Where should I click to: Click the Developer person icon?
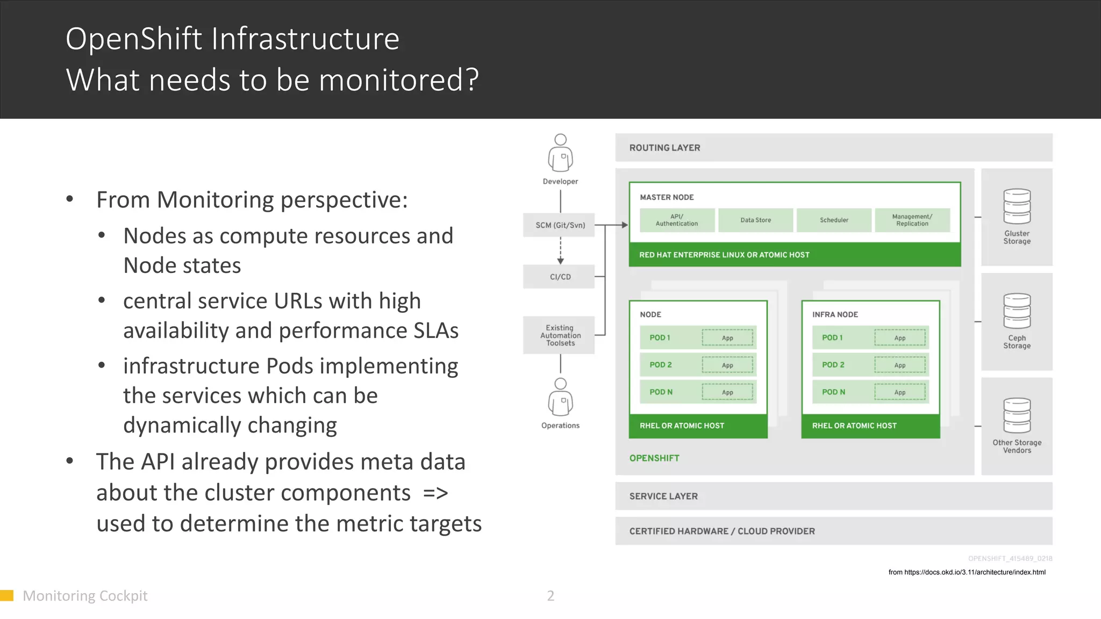tap(560, 153)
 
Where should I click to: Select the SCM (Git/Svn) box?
tap(560, 225)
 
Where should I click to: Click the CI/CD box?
tap(560, 277)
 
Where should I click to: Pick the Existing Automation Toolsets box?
tap(560, 335)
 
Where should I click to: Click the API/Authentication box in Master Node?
tap(677, 220)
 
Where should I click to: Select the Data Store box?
tap(755, 220)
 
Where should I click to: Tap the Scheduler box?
tap(834, 220)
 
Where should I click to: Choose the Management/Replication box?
tap(912, 220)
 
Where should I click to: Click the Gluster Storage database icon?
tap(1017, 206)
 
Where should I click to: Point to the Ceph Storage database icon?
tap(1017, 311)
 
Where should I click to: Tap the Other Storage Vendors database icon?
tap(1017, 415)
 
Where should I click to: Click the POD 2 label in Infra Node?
tap(833, 365)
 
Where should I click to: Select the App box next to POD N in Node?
tap(727, 392)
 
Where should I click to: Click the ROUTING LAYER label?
tap(664, 148)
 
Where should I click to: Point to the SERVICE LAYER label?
tap(663, 496)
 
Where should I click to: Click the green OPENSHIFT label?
tap(654, 458)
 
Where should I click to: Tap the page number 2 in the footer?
tap(550, 596)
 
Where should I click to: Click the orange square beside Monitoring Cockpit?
tap(6, 595)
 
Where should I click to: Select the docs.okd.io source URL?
tap(967, 572)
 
